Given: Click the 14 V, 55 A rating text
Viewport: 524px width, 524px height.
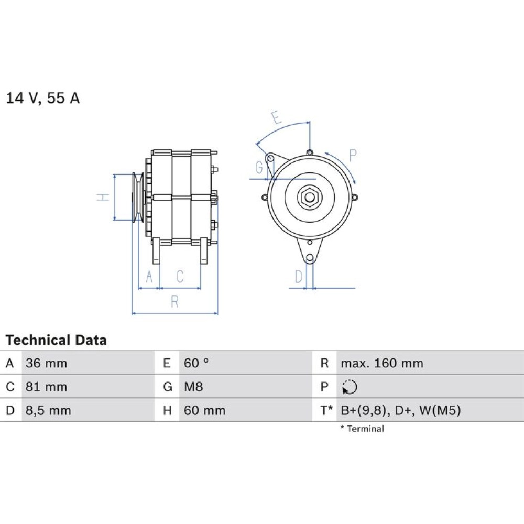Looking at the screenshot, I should pyautogui.click(x=43, y=98).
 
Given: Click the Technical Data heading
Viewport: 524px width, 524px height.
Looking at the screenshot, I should pyautogui.click(x=56, y=340).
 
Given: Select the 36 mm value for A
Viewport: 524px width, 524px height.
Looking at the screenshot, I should pyautogui.click(x=47, y=363).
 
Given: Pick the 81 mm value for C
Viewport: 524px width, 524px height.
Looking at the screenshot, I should pyautogui.click(x=47, y=387).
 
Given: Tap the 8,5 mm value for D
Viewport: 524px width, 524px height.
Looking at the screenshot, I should pyautogui.click(x=48, y=410).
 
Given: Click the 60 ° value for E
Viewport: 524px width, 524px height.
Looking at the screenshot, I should pyautogui.click(x=196, y=363).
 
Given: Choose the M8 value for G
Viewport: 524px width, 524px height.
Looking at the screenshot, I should pyautogui.click(x=193, y=387).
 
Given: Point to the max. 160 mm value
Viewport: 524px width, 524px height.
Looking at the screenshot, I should pyautogui.click(x=382, y=363).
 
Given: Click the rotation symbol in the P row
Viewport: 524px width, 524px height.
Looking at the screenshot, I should pyautogui.click(x=350, y=387).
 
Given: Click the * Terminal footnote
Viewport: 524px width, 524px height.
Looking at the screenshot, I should pyautogui.click(x=362, y=429).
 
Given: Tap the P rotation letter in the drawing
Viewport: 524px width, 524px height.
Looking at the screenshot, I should pyautogui.click(x=353, y=154).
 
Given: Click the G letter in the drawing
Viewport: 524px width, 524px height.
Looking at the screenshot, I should pyautogui.click(x=258, y=168).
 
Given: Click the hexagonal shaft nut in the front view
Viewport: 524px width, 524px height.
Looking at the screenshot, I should pyautogui.click(x=309, y=197).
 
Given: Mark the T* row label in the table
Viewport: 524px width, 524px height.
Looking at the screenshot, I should pyautogui.click(x=326, y=410).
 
